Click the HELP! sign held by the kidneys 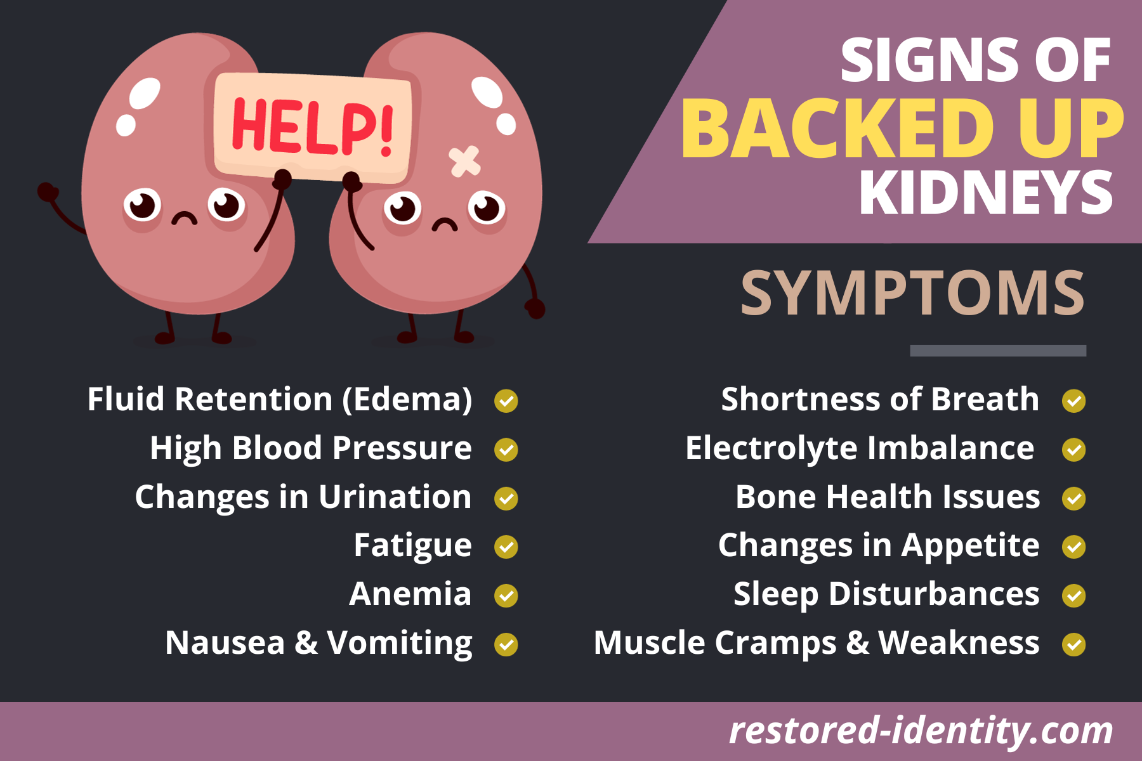(313, 127)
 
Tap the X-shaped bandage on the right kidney (464, 161)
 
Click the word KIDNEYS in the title (986, 193)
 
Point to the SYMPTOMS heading (912, 293)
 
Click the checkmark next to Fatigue (506, 547)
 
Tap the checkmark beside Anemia (506, 595)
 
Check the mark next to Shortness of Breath (1074, 401)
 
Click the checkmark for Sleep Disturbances (1074, 595)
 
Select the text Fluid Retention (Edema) (280, 400)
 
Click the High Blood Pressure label (311, 448)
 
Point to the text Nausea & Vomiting (318, 644)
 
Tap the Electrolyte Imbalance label (860, 449)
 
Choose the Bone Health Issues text (888, 497)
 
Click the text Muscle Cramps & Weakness (817, 644)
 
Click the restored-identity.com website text (921, 731)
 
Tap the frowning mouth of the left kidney (185, 218)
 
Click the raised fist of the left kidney (47, 192)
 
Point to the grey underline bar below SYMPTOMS (998, 351)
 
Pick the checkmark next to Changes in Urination (506, 498)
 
